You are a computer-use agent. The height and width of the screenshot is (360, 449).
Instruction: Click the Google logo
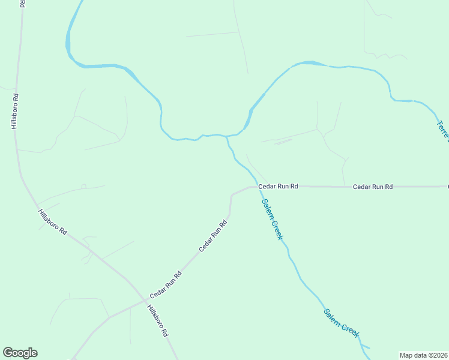pyautogui.click(x=20, y=353)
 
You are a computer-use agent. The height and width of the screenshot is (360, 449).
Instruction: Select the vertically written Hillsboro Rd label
pyautogui.click(x=14, y=111)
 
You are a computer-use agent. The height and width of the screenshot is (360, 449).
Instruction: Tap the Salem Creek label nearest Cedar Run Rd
pyautogui.click(x=273, y=219)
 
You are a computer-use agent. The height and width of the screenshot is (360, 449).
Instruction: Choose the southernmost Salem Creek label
pyautogui.click(x=341, y=323)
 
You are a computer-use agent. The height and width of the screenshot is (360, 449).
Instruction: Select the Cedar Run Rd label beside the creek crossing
pyautogui.click(x=278, y=187)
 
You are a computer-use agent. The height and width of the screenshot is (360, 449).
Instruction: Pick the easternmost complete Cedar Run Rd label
pyautogui.click(x=372, y=187)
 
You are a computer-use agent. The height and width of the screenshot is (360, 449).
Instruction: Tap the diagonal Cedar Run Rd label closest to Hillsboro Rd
pyautogui.click(x=165, y=285)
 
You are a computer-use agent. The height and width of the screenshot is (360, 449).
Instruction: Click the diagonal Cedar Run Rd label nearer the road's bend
pyautogui.click(x=213, y=236)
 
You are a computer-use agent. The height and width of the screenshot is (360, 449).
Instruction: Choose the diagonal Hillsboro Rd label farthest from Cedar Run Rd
pyautogui.click(x=52, y=222)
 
